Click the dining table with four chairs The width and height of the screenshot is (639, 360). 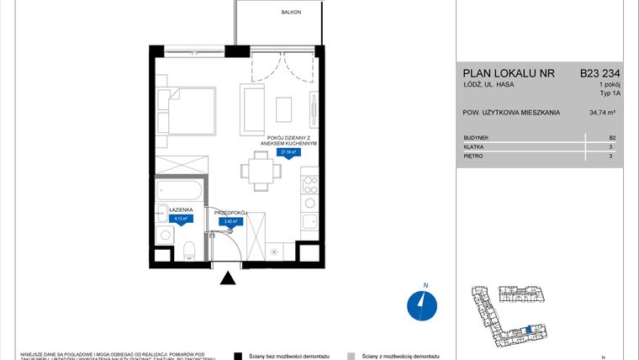(x=261, y=171)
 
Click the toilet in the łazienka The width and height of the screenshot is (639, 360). (x=189, y=247)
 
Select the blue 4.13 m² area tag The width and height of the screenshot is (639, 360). (x=180, y=219)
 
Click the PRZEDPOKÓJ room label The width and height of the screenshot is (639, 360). (x=230, y=213)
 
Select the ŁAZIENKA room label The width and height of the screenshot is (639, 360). (x=181, y=209)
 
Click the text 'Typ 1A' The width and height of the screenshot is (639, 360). (x=610, y=94)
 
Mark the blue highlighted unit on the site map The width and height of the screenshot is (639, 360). (x=527, y=330)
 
